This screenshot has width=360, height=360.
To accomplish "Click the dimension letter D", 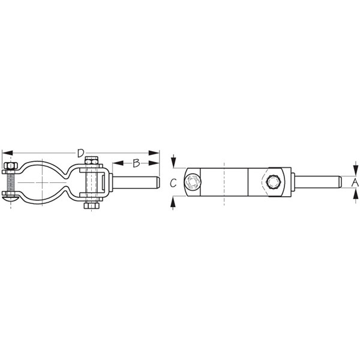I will pyautogui.click(x=80, y=154).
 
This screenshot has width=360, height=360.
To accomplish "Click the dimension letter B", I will pyautogui.click(x=136, y=163).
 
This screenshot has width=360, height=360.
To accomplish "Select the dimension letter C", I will pyautogui.click(x=173, y=184).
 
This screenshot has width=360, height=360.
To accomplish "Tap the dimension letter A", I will pyautogui.click(x=355, y=181).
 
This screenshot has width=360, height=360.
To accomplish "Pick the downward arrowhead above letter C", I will pyautogui.click(x=173, y=164).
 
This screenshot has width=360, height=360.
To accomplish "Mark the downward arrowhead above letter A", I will pyautogui.click(x=355, y=170).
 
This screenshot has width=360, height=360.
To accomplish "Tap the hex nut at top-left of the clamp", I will pyautogui.click(x=10, y=166).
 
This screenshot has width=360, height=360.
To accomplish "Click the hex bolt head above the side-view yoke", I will pyautogui.click(x=91, y=160).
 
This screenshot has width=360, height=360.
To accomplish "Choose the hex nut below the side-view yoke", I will pyautogui.click(x=91, y=206).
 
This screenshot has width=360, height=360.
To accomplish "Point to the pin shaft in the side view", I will pyautogui.click(x=136, y=181).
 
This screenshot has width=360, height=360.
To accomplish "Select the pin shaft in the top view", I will pyautogui.click(x=318, y=181).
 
